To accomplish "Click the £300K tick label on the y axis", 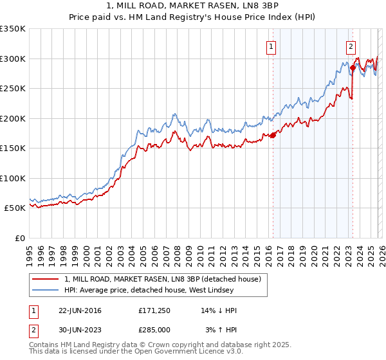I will click(13, 59).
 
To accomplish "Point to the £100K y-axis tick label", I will click(13, 178).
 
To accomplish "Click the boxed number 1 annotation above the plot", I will click(271, 46).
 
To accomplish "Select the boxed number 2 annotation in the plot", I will click(351, 46).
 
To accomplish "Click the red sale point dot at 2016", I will click(273, 136).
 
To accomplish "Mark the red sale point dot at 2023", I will click(353, 67).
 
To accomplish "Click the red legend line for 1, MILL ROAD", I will click(46, 280).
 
